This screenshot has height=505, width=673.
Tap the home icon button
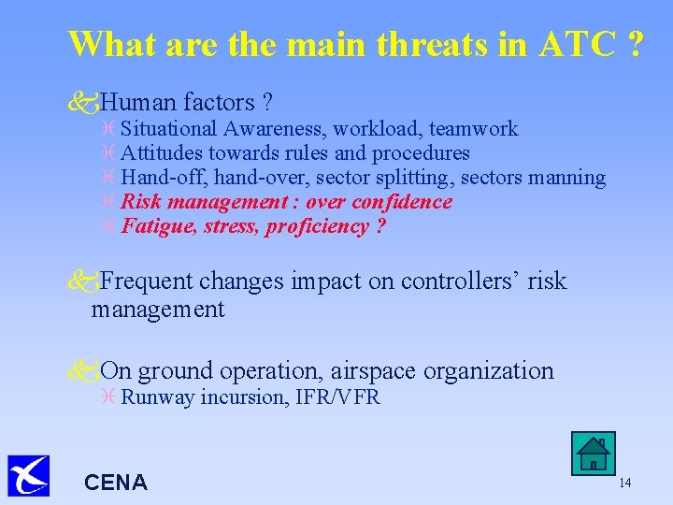point(593,454)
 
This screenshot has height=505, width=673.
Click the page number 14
point(625,483)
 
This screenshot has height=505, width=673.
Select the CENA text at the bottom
point(116,483)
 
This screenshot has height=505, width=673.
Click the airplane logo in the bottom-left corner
point(27,475)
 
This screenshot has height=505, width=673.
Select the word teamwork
point(475,129)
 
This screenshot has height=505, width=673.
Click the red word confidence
point(402,202)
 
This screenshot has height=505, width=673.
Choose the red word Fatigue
point(155,226)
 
